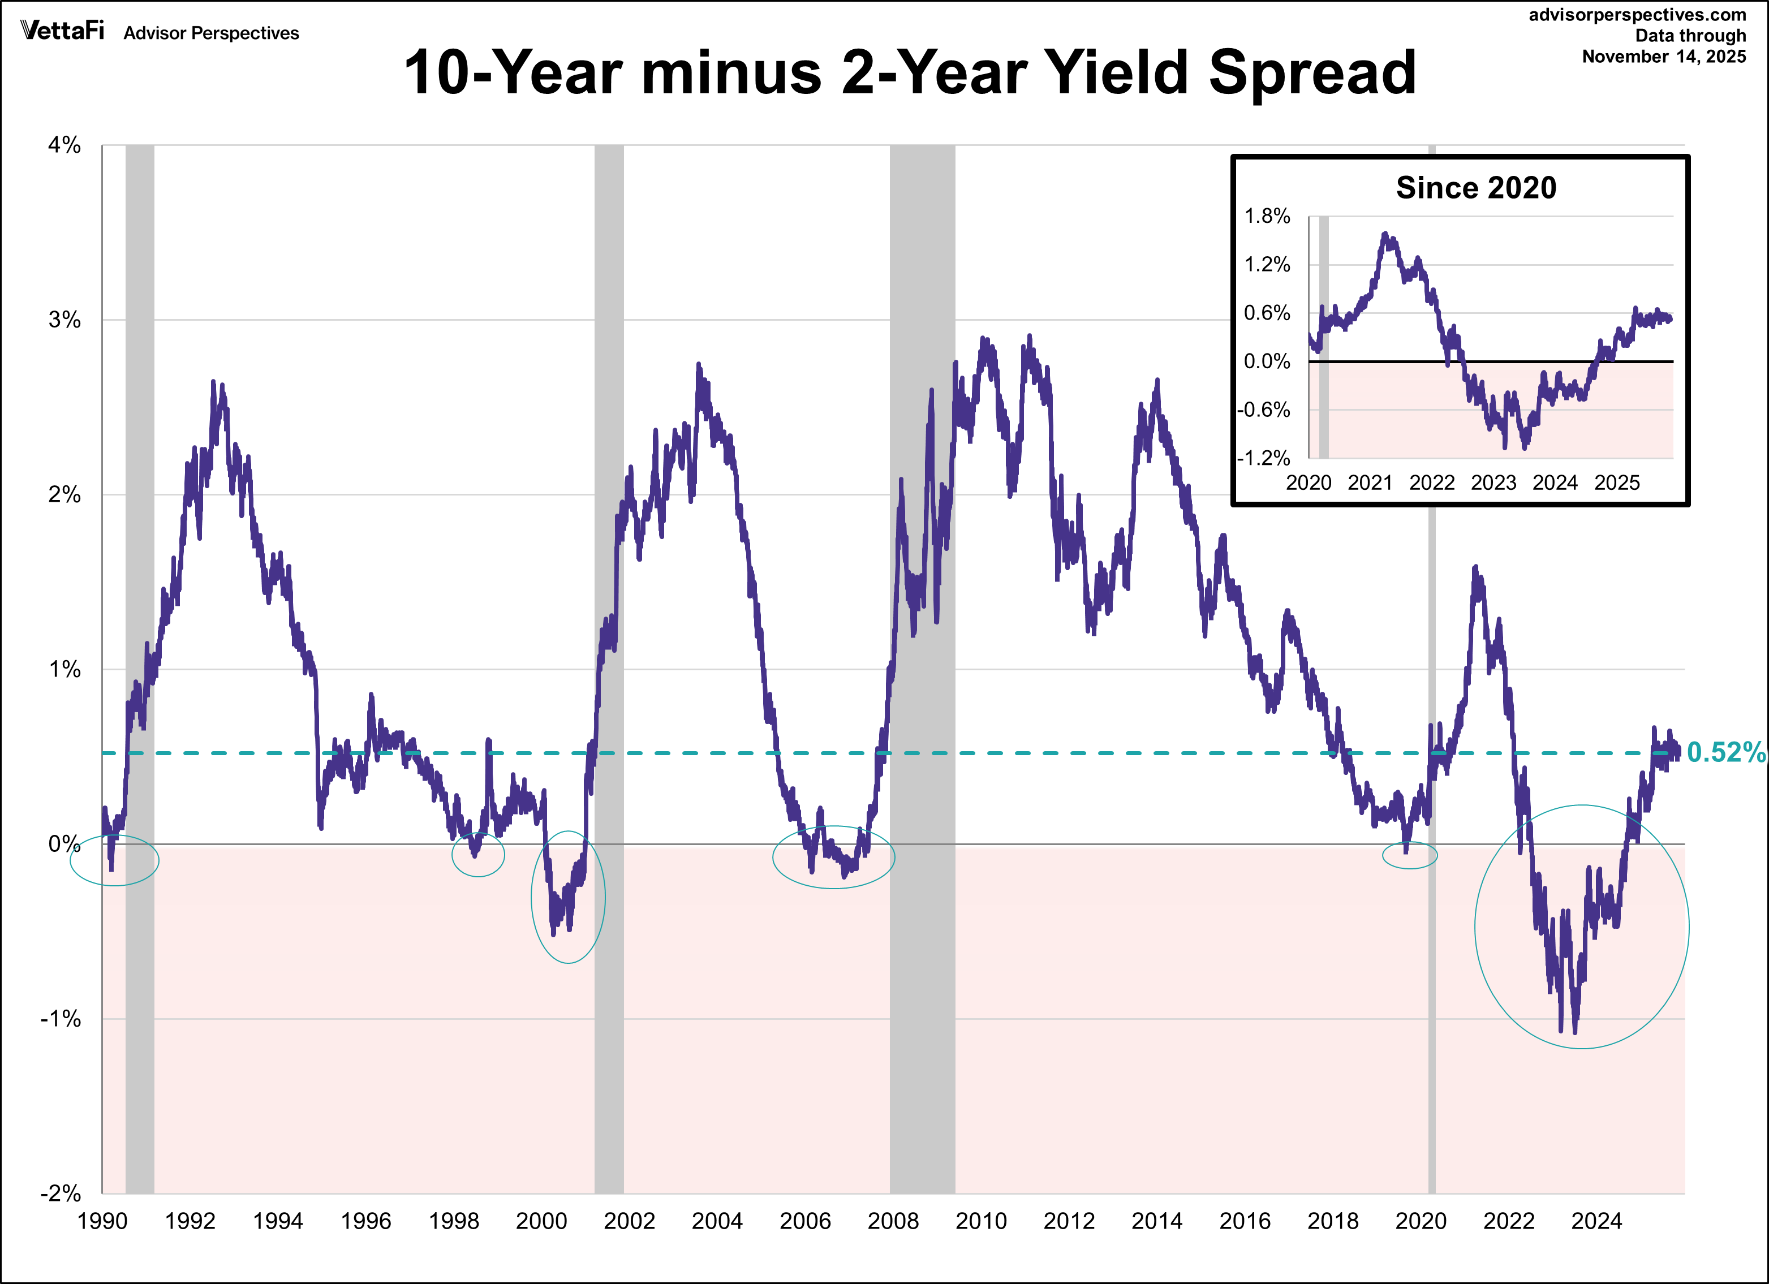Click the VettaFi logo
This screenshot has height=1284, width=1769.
(x=62, y=31)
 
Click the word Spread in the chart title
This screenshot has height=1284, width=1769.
(x=1311, y=72)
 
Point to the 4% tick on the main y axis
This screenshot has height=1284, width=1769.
(x=64, y=145)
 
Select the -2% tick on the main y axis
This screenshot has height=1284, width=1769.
(x=62, y=1193)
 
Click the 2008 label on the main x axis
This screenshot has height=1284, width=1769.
(x=893, y=1221)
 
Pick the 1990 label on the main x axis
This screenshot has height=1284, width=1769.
(x=102, y=1221)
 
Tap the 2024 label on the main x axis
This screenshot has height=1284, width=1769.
(x=1596, y=1221)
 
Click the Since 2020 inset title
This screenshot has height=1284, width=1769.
(x=1476, y=188)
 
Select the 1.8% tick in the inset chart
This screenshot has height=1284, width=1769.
(x=1267, y=216)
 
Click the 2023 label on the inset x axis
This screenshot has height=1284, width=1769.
(x=1493, y=483)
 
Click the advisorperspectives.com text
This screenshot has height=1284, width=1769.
(x=1637, y=15)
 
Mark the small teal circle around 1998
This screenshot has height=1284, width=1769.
(x=478, y=855)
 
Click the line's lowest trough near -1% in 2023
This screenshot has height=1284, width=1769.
(x=1576, y=1031)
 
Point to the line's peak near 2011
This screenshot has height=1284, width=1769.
(x=1030, y=337)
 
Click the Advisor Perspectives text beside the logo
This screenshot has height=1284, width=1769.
(x=212, y=33)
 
